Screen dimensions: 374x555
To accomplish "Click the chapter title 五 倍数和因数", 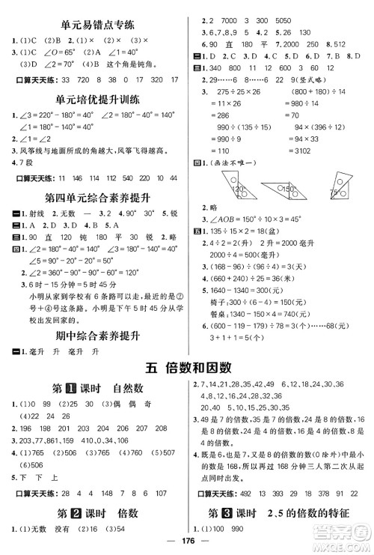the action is (187, 366).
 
